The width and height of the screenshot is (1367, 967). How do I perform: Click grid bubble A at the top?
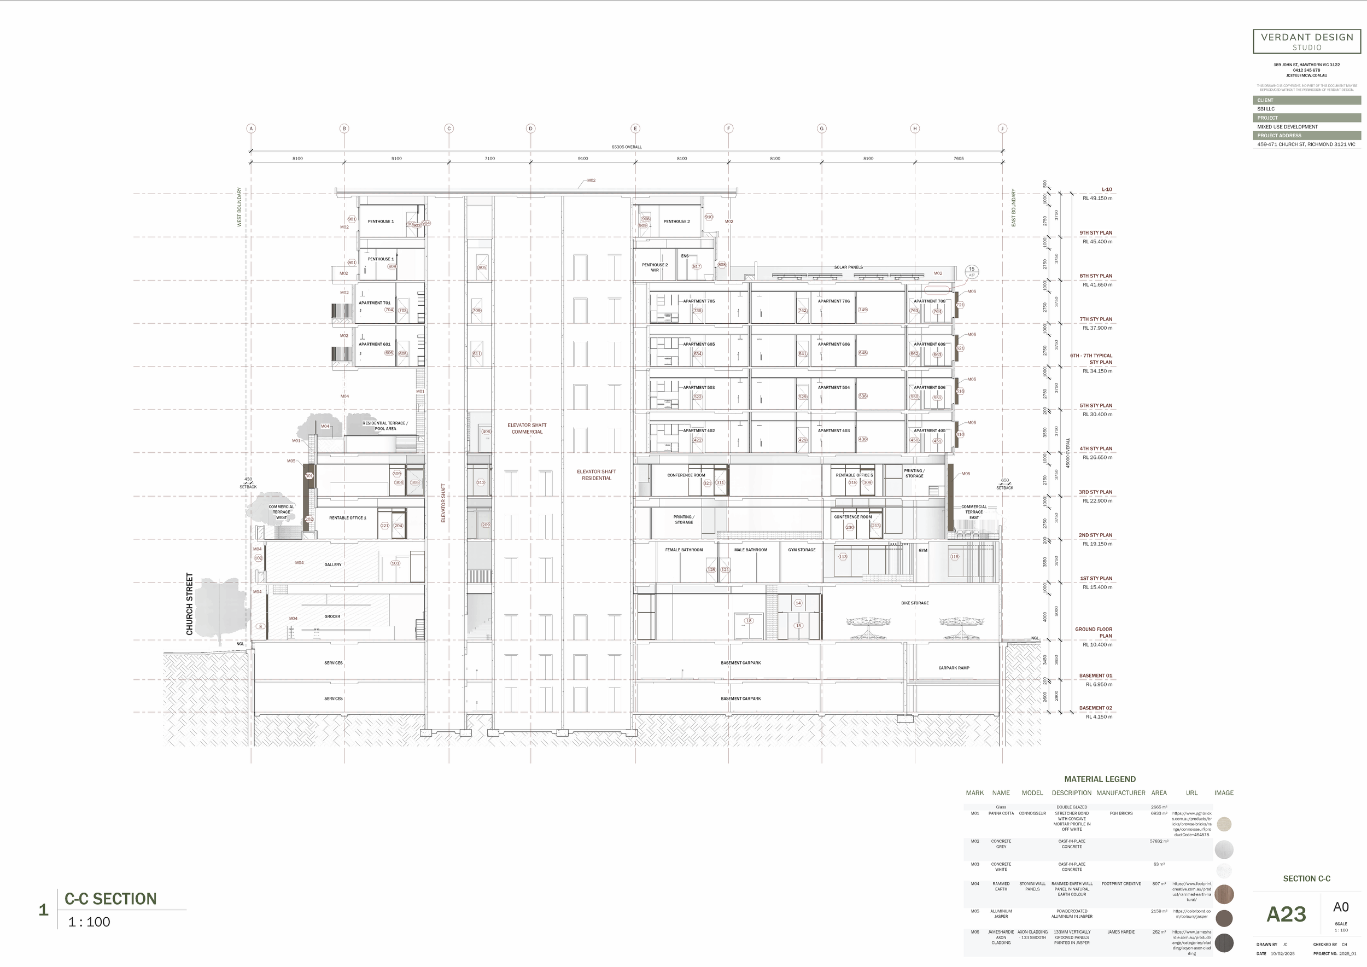[251, 129]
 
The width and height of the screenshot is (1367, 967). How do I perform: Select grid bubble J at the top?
[1002, 129]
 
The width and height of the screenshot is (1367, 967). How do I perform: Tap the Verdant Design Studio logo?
[1307, 42]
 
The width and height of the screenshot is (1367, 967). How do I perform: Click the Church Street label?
[190, 604]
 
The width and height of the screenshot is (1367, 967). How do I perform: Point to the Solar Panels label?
[848, 267]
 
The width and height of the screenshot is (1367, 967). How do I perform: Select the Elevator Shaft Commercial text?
[527, 429]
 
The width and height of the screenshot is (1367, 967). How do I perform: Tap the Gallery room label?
[333, 564]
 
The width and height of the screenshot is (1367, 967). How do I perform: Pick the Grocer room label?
[332, 616]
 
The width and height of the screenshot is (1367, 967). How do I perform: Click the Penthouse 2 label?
[676, 222]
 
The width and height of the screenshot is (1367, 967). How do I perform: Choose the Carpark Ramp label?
[954, 668]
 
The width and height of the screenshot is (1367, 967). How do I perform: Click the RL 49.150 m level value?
[1097, 199]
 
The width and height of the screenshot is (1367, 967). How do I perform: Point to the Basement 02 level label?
[1095, 708]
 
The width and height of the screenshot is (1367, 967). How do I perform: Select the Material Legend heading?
[1100, 779]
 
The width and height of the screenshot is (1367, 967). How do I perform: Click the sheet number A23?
[1286, 914]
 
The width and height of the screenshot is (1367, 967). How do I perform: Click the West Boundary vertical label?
[240, 207]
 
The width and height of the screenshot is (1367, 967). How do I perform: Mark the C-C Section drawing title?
[111, 899]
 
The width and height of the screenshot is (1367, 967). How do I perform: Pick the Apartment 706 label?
[833, 301]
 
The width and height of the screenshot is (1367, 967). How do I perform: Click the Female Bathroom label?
[683, 550]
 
